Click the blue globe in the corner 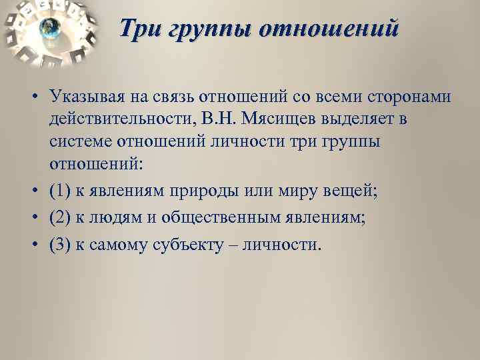tap(49, 28)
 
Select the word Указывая tap(88, 97)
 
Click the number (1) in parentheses tap(59, 191)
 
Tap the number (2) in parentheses tap(59, 217)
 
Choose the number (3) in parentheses tap(59, 244)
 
